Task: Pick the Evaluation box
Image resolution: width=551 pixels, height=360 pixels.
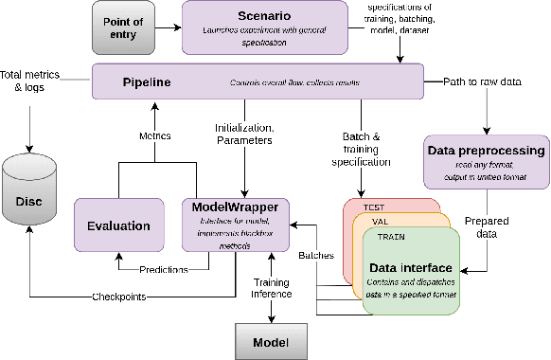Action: [x=119, y=225]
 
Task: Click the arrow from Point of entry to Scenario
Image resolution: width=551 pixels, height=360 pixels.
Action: [x=169, y=26]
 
